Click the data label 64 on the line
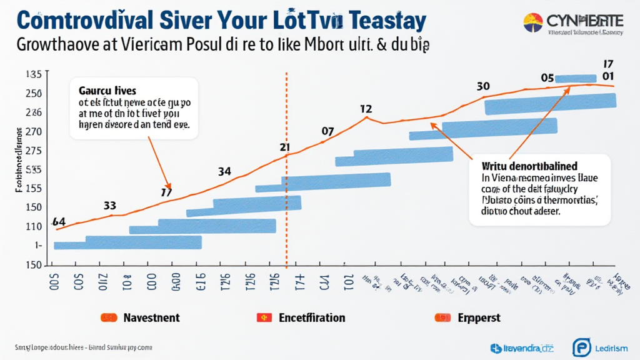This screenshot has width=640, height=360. point(59,221)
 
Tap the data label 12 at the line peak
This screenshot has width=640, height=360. point(367,109)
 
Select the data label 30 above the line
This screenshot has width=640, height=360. point(482,86)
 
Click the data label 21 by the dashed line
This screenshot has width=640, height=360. point(284,148)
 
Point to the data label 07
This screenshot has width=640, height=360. point(328,131)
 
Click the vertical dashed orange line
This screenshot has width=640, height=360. point(286,187)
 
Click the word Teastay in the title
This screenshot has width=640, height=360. point(385,19)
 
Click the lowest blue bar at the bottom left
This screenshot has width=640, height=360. point(127,242)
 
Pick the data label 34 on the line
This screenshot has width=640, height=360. point(225,171)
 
